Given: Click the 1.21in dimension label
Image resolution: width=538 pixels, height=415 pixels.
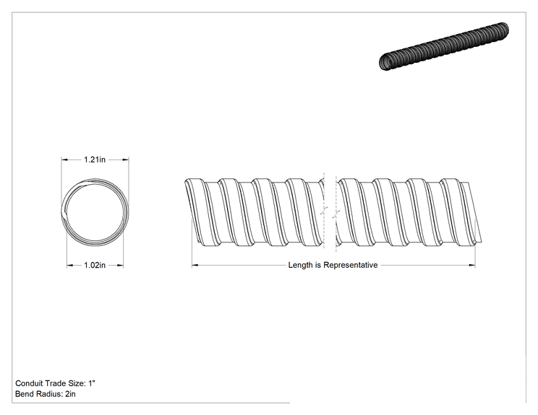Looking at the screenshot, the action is coord(95,160).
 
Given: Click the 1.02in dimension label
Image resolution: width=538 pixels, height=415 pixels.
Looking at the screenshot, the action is coord(95,265).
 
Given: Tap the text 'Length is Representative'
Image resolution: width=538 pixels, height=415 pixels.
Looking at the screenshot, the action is coord(333,265).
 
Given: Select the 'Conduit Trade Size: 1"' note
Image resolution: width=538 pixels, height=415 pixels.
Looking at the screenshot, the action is coord(55,383).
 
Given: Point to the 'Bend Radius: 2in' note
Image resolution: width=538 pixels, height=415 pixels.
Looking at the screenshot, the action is coord(46,394).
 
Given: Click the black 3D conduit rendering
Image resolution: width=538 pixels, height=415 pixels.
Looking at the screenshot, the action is coord(444,46).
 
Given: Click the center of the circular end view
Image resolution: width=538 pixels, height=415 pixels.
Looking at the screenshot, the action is coord(95,211).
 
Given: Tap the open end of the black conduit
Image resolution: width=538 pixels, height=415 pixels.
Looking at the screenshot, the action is coord(386,62).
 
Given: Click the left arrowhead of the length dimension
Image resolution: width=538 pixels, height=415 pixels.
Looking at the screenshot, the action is coord(195,265).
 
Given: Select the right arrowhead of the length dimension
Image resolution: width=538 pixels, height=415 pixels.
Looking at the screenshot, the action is coord(472,265).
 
